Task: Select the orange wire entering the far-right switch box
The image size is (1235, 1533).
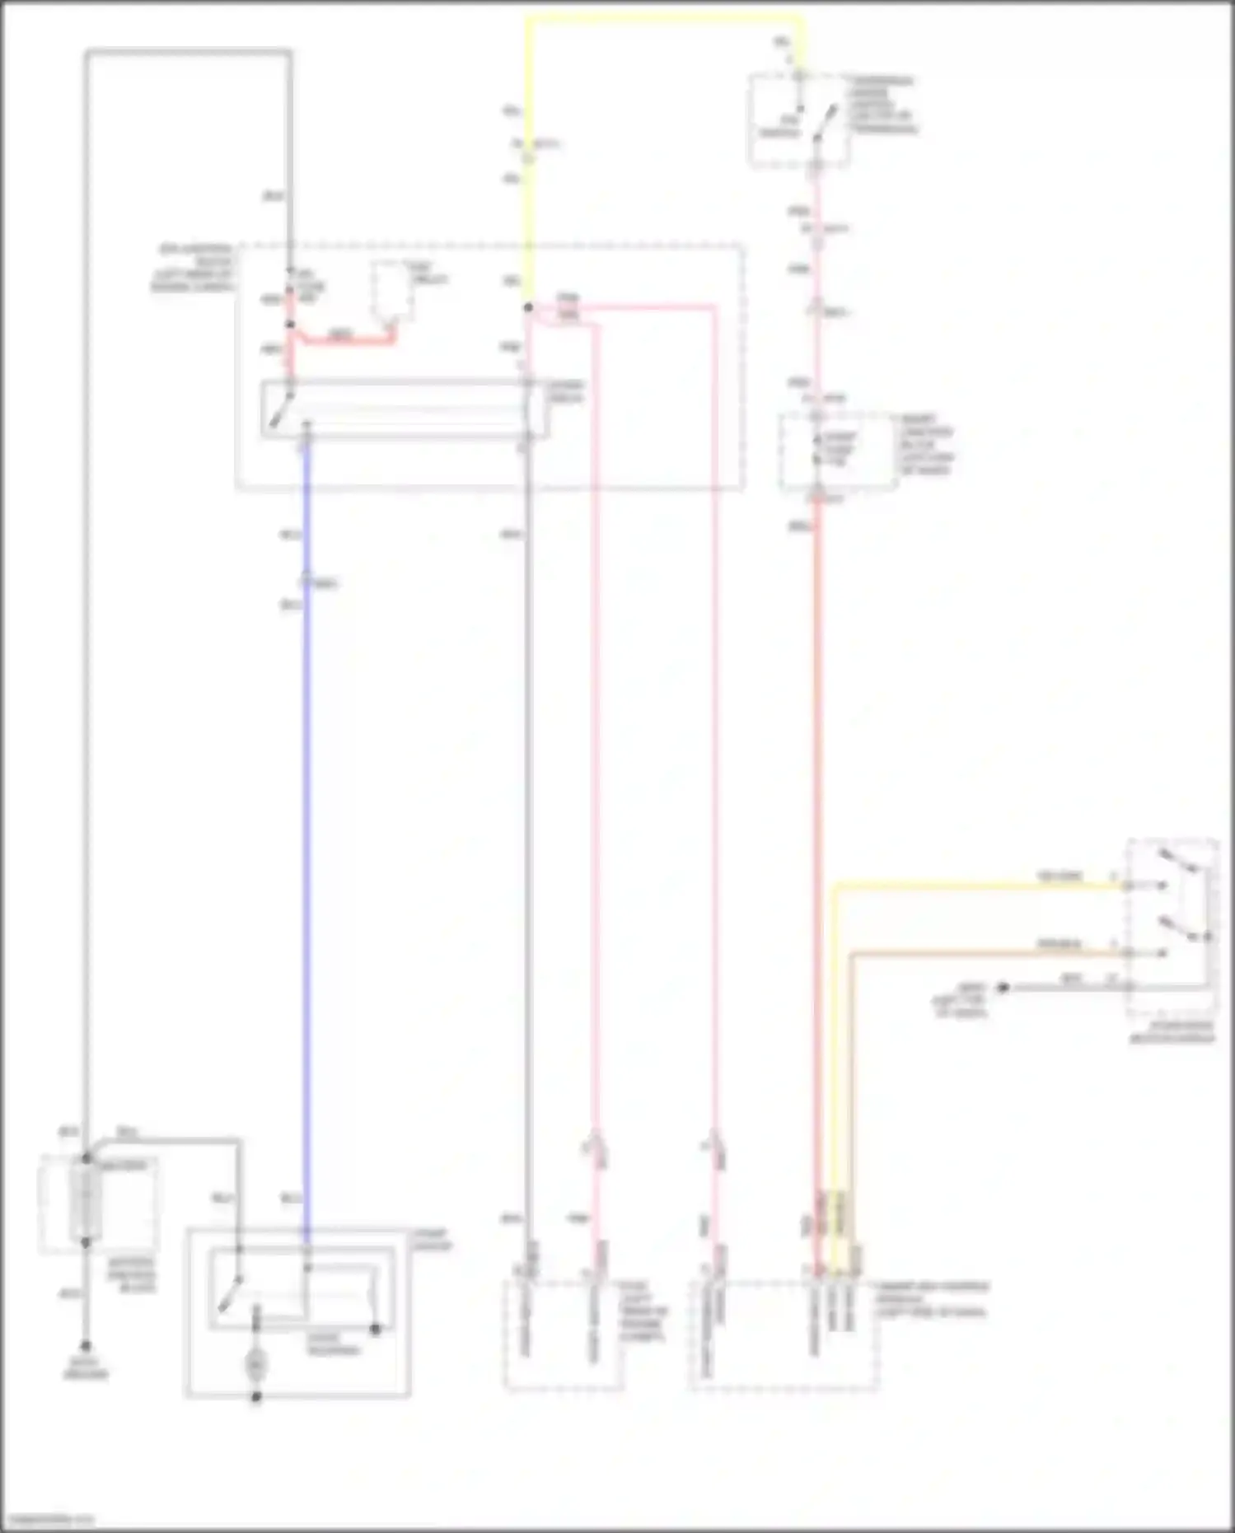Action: (x=989, y=954)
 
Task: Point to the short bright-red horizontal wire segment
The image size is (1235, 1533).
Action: (x=342, y=339)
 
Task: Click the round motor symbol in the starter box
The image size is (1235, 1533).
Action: (x=255, y=1365)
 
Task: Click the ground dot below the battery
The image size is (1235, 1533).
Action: (x=86, y=1346)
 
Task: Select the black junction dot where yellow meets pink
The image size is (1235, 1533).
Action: (x=528, y=308)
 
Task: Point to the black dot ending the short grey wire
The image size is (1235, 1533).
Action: (x=1003, y=987)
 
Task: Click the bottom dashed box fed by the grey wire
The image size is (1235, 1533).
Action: (x=564, y=1334)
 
